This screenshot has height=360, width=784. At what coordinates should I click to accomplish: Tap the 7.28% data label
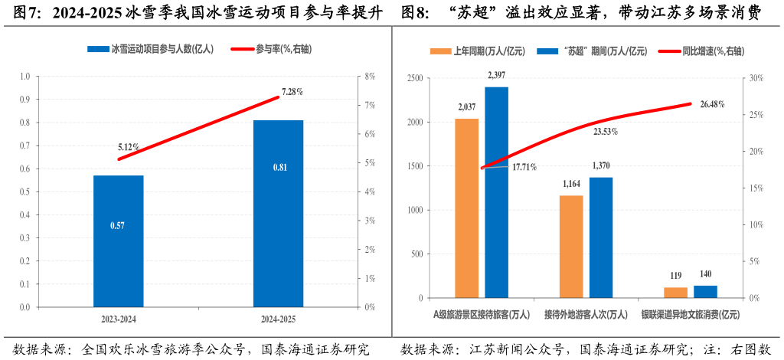tap(292, 92)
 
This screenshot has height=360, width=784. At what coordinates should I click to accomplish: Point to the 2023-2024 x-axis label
tap(119, 318)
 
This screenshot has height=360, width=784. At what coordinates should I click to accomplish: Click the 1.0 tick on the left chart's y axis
tap(24, 77)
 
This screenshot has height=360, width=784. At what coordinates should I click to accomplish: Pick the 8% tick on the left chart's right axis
tap(369, 77)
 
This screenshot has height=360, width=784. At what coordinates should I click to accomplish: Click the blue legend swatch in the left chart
tap(97, 49)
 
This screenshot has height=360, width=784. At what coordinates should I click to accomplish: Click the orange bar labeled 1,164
tap(570, 246)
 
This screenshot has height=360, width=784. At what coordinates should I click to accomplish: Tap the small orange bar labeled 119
tap(675, 292)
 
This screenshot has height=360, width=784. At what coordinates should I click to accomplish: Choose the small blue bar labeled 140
tap(705, 291)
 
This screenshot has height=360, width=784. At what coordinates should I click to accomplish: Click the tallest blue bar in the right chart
tap(496, 191)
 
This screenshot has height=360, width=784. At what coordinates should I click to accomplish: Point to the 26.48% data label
tap(711, 104)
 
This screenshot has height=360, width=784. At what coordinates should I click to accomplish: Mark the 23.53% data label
tap(605, 132)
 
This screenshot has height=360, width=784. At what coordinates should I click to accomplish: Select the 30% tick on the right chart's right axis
tap(756, 78)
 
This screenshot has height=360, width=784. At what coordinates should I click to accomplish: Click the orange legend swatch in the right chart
tap(440, 51)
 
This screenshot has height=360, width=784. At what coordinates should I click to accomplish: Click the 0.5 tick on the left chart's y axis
tap(24, 192)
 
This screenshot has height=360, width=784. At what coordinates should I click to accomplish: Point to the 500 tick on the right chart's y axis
tap(416, 254)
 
